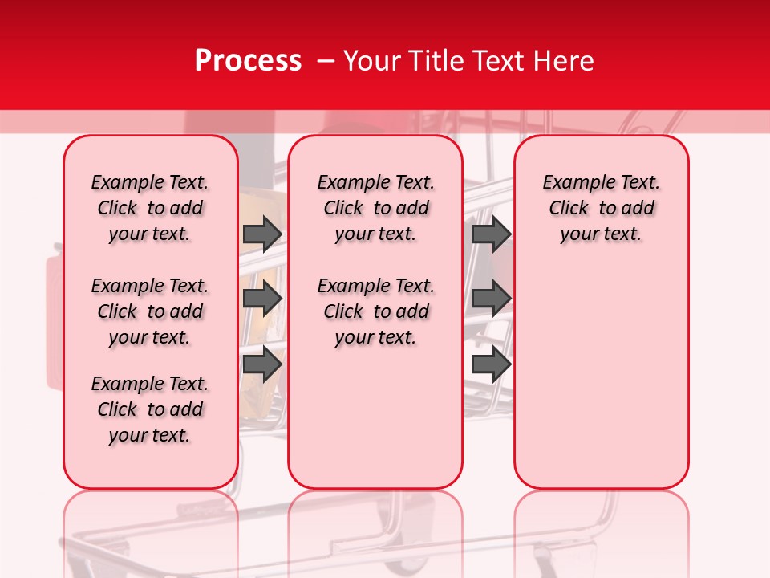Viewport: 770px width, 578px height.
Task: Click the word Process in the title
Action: point(247,61)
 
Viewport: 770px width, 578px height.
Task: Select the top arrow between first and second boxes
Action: point(261,234)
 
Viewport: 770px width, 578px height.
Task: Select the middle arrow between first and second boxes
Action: point(261,299)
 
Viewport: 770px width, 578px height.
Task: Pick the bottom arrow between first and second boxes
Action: point(261,364)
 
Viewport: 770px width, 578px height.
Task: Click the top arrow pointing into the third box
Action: point(491,234)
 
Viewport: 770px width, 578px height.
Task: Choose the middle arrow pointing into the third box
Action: point(491,299)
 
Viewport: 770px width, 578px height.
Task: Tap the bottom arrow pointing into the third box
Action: point(491,364)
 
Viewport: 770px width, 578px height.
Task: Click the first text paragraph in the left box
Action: point(150,208)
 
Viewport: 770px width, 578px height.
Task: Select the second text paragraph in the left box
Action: point(150,311)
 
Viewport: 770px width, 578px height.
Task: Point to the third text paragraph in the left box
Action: point(150,409)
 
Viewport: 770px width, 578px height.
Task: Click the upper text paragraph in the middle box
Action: point(375,208)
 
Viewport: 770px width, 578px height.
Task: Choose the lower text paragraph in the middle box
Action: point(375,311)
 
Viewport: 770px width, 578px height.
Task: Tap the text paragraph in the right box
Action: point(601,208)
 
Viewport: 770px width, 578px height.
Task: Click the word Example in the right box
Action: point(574,182)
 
